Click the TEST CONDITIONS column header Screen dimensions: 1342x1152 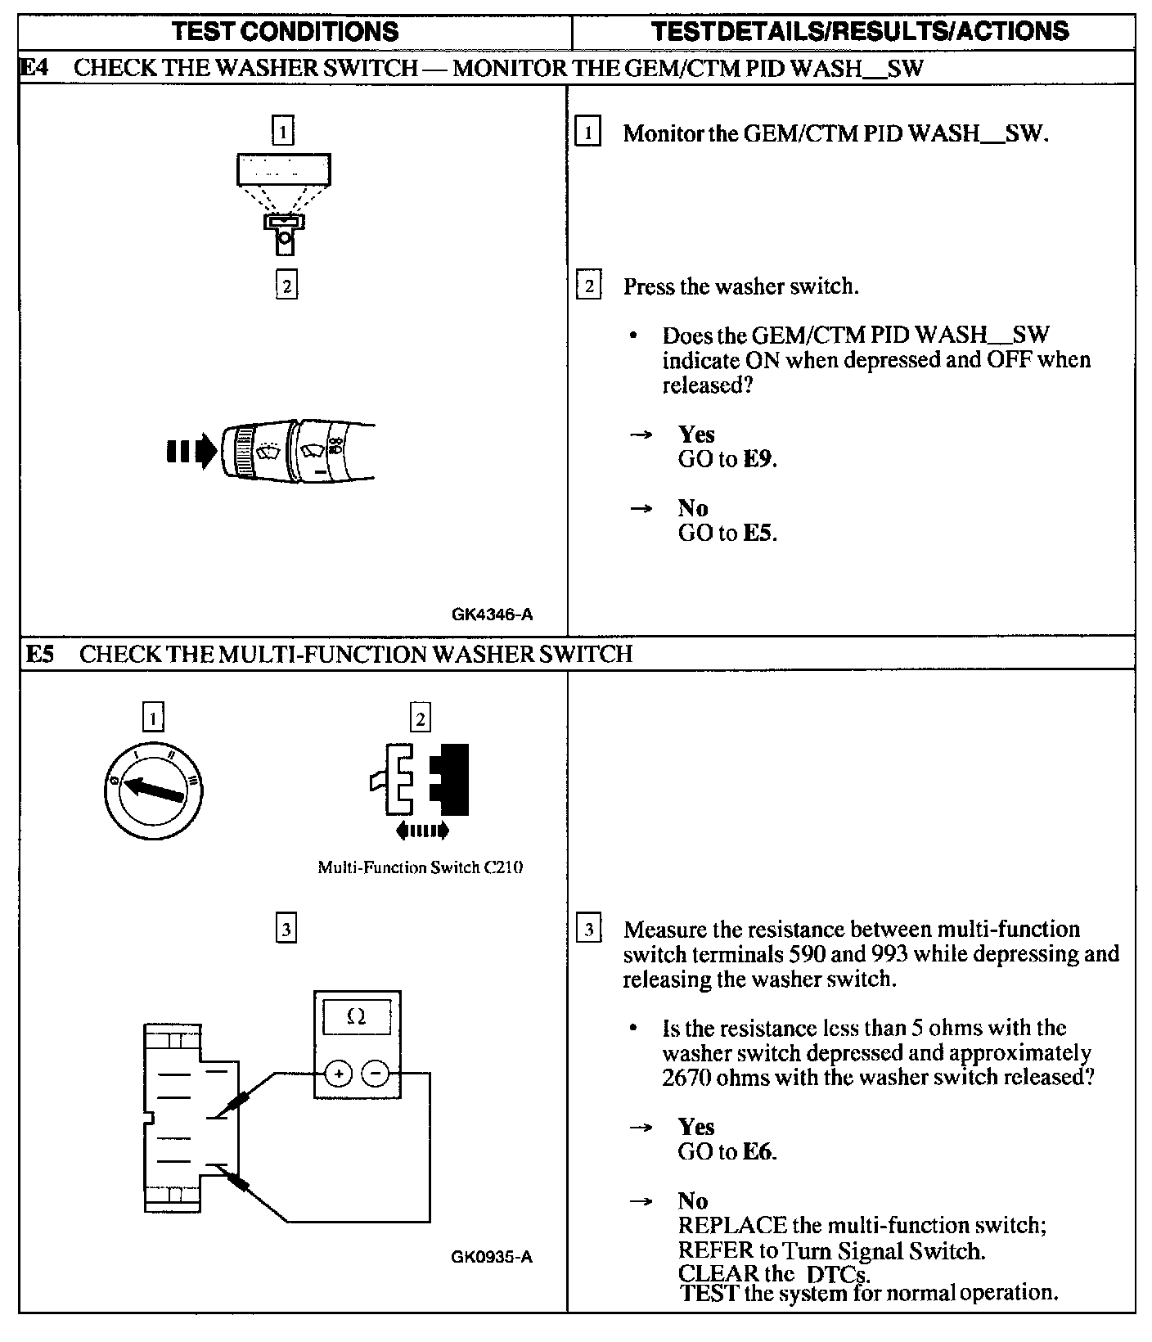(x=286, y=31)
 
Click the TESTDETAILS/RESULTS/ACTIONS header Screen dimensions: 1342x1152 (x=860, y=31)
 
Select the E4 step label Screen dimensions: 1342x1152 (x=34, y=67)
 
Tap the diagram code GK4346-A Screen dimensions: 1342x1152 (x=492, y=615)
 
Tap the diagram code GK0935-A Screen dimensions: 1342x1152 (x=491, y=1257)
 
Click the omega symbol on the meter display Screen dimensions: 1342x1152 (x=356, y=1017)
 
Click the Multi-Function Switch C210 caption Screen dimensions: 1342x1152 (x=420, y=867)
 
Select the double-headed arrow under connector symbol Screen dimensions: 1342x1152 (x=421, y=831)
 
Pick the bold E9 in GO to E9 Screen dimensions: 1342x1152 (x=758, y=459)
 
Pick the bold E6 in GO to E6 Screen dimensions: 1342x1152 (x=758, y=1152)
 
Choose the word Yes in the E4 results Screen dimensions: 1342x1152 (x=695, y=435)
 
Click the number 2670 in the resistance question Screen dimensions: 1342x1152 (x=686, y=1078)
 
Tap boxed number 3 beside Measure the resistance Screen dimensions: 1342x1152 (x=588, y=930)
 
